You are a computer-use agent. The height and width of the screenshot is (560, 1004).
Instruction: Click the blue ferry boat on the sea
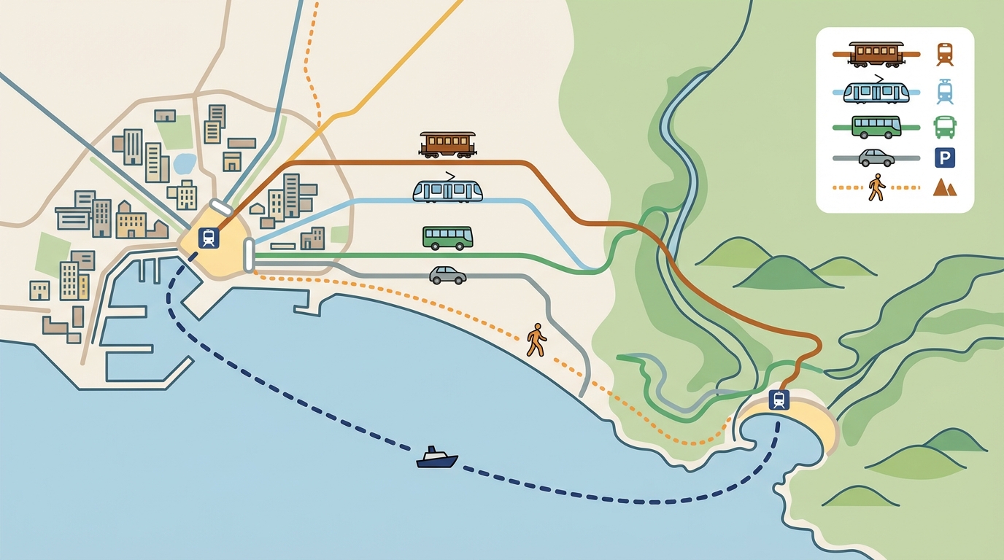pyautogui.click(x=437, y=459)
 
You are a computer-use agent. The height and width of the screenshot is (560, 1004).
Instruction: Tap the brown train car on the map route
pyautogui.click(x=447, y=144)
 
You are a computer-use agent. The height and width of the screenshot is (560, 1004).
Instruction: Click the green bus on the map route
pyautogui.click(x=447, y=238)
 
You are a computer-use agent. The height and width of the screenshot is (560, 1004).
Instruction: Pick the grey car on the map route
pyautogui.click(x=447, y=275)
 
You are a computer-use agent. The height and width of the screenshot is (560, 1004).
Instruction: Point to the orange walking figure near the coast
pyautogui.click(x=536, y=341)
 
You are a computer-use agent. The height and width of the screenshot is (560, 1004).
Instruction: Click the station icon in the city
pyautogui.click(x=209, y=238)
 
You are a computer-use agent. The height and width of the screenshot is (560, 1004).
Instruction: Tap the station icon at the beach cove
pyautogui.click(x=779, y=400)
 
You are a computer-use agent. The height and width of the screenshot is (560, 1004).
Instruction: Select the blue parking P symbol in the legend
pyautogui.click(x=945, y=157)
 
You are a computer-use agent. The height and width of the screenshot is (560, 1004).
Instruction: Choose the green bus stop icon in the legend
pyautogui.click(x=945, y=127)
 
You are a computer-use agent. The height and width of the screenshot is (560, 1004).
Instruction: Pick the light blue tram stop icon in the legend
pyautogui.click(x=945, y=92)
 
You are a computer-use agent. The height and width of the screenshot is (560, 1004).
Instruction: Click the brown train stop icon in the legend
pyautogui.click(x=945, y=55)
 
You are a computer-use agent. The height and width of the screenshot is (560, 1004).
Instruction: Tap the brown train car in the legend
pyautogui.click(x=876, y=53)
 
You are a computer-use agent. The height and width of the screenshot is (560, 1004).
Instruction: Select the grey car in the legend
pyautogui.click(x=876, y=157)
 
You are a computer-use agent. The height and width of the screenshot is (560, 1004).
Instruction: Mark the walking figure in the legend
pyautogui.click(x=876, y=187)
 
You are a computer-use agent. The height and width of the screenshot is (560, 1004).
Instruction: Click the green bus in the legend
pyautogui.click(x=876, y=127)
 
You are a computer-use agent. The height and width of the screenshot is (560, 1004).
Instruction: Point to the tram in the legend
pyautogui.click(x=876, y=91)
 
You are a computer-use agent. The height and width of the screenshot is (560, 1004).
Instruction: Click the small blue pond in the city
pyautogui.click(x=185, y=163)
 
